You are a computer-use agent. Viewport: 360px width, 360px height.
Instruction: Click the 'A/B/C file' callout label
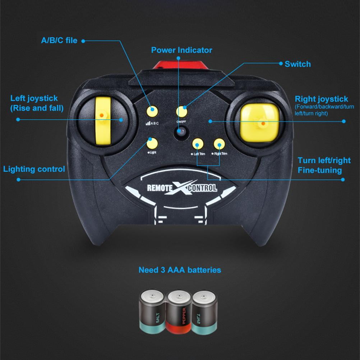(59, 40)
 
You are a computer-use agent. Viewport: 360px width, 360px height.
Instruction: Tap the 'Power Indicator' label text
(181, 50)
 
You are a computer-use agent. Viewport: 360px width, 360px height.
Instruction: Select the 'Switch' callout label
(297, 64)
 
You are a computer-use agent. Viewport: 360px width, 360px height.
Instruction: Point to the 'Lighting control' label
(34, 169)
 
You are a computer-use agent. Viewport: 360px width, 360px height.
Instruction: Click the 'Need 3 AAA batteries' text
(180, 269)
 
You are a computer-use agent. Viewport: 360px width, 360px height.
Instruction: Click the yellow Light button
(152, 143)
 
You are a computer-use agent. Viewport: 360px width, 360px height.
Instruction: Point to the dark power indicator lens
(181, 133)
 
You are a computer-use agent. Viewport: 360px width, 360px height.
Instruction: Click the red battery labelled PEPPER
(179, 311)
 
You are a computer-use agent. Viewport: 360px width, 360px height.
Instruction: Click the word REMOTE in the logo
(160, 188)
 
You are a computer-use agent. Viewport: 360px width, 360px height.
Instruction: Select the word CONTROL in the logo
(203, 188)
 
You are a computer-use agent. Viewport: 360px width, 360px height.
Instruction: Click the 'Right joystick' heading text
(321, 99)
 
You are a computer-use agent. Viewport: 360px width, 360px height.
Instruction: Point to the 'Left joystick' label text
(34, 98)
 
